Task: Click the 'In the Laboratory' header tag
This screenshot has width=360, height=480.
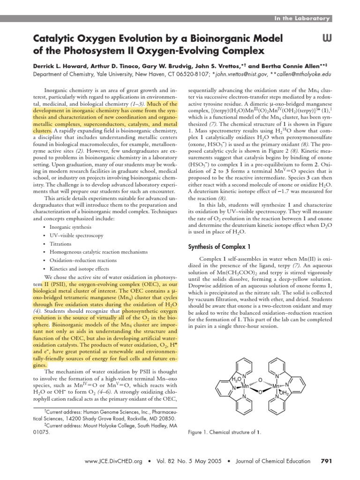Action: click(302, 18)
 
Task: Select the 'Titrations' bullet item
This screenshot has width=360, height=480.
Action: click(60, 244)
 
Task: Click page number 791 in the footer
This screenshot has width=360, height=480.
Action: click(325, 461)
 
